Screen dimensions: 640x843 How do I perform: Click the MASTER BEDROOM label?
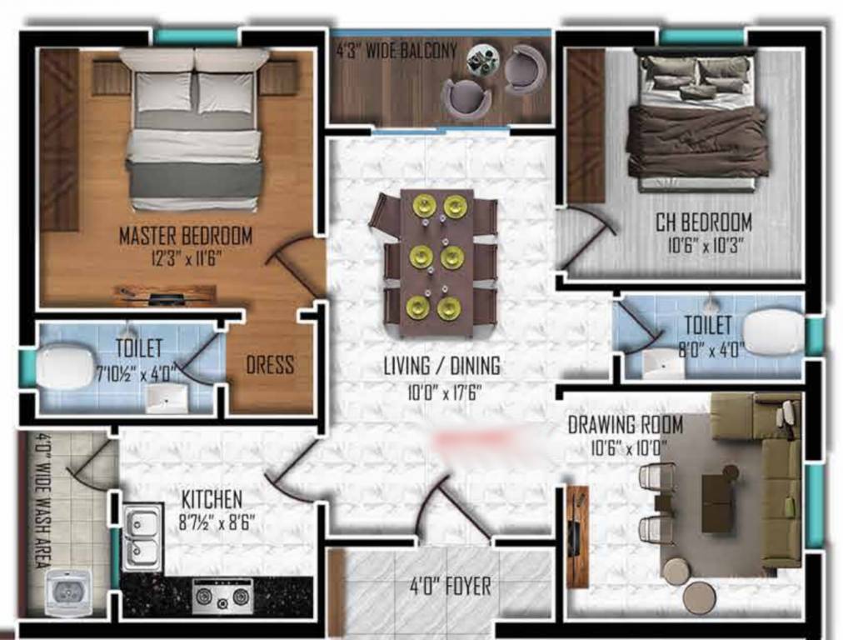185,236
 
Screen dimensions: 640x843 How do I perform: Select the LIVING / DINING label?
441,365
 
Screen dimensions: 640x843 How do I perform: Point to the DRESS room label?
269,365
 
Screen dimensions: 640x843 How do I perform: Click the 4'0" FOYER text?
451,587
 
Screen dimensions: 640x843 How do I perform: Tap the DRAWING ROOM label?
625,424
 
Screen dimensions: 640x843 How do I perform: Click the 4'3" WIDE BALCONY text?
397,51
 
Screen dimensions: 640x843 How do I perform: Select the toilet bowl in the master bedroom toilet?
65,368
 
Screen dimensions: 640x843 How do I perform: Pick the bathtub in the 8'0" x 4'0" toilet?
772,331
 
